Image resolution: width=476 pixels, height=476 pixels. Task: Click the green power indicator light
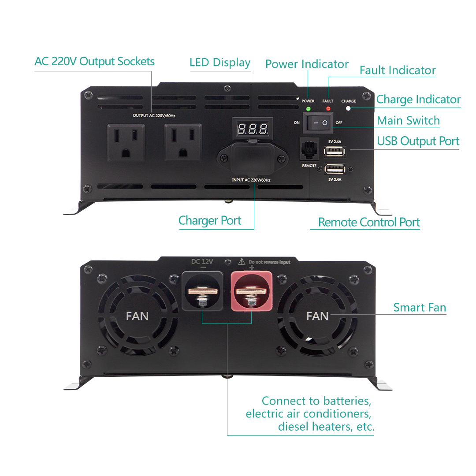pos(308,108)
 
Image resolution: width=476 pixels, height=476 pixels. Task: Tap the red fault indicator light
pos(328,108)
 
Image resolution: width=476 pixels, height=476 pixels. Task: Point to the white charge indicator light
pos(349,108)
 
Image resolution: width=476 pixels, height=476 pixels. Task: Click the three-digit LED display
pos(253,129)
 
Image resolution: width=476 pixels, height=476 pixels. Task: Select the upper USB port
pos(335,152)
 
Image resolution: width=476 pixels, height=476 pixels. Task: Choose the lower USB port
pos(335,169)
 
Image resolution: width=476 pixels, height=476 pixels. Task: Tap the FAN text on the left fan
pos(137,316)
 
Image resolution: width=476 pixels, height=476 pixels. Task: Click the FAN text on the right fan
pos(317,316)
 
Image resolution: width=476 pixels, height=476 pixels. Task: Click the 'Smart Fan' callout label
pos(420,307)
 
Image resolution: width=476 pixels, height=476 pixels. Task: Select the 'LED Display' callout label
pos(220,63)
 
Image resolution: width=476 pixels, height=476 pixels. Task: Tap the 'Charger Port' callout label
pos(210,220)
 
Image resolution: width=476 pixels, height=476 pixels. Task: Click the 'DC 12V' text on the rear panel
pos(202,261)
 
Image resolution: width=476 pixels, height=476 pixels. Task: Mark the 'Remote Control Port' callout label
pos(369,222)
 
